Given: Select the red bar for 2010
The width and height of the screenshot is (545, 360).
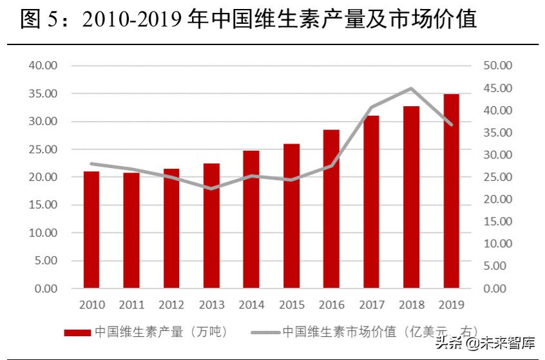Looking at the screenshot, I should coord(91,230).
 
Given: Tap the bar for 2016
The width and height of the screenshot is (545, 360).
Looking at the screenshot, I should coord(331,209).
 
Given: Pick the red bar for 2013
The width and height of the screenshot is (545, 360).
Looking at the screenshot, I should coord(211,225).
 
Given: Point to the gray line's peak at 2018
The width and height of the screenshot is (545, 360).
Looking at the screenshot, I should coord(411,88).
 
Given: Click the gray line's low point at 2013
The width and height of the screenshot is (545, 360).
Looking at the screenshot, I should coord(211,189).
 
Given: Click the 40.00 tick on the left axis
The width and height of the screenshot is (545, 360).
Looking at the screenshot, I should coord(43,66).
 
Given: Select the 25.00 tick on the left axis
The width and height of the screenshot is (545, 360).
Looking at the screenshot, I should coord(43,149).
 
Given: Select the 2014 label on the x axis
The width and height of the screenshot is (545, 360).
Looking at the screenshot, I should coord(251,305).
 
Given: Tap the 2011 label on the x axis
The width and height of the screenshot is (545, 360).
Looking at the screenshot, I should coord(131,305).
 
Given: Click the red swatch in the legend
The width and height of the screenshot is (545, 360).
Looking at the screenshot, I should coord(77,332).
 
